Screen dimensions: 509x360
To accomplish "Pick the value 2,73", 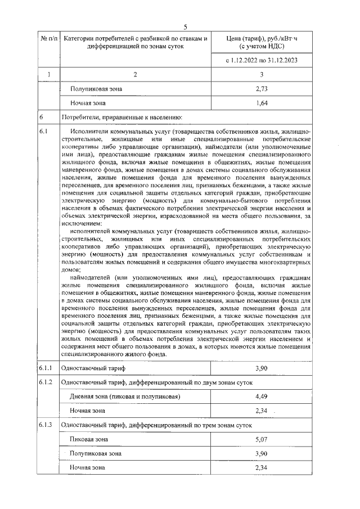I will tap(260, 89).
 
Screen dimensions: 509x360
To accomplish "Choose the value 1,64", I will tap(260, 103).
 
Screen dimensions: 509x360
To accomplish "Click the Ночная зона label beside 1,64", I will tap(87, 103).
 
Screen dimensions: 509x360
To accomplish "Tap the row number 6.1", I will tap(44, 131).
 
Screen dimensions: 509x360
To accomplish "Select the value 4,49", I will tap(260, 397).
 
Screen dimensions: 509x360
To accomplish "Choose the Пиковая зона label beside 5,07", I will tap(89, 439).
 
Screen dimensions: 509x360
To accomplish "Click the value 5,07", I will tap(260, 439).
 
